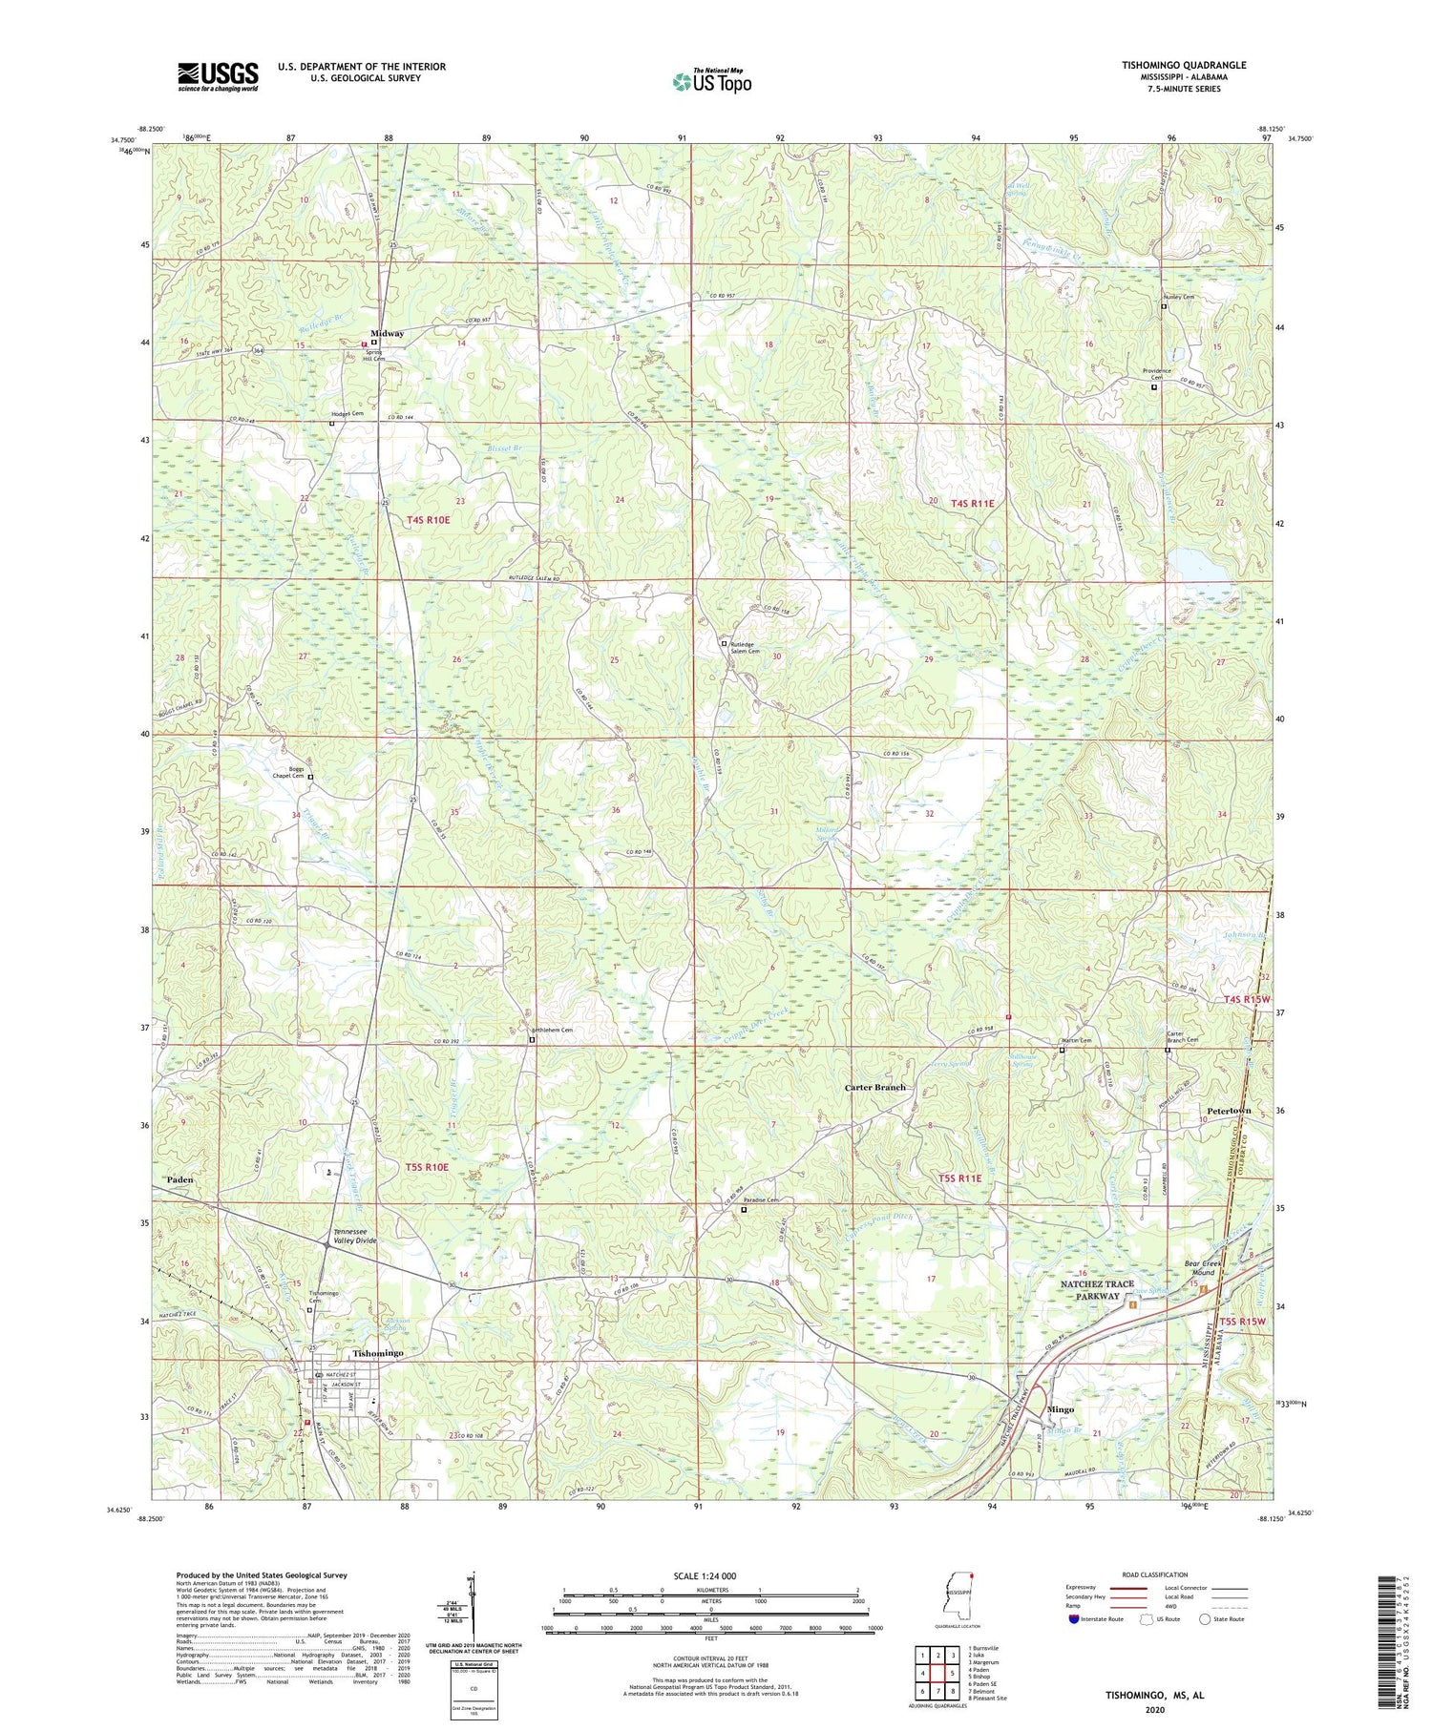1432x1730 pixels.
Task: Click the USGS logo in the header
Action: coord(218,76)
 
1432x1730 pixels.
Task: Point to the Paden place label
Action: coord(179,1179)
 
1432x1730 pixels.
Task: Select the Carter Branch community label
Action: coord(875,1087)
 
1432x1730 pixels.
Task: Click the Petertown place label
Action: coord(1228,1111)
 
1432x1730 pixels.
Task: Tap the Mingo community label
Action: coord(1061,1408)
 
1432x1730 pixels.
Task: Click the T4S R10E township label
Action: coord(428,519)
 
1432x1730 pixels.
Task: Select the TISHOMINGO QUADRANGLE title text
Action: coord(1184,65)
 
